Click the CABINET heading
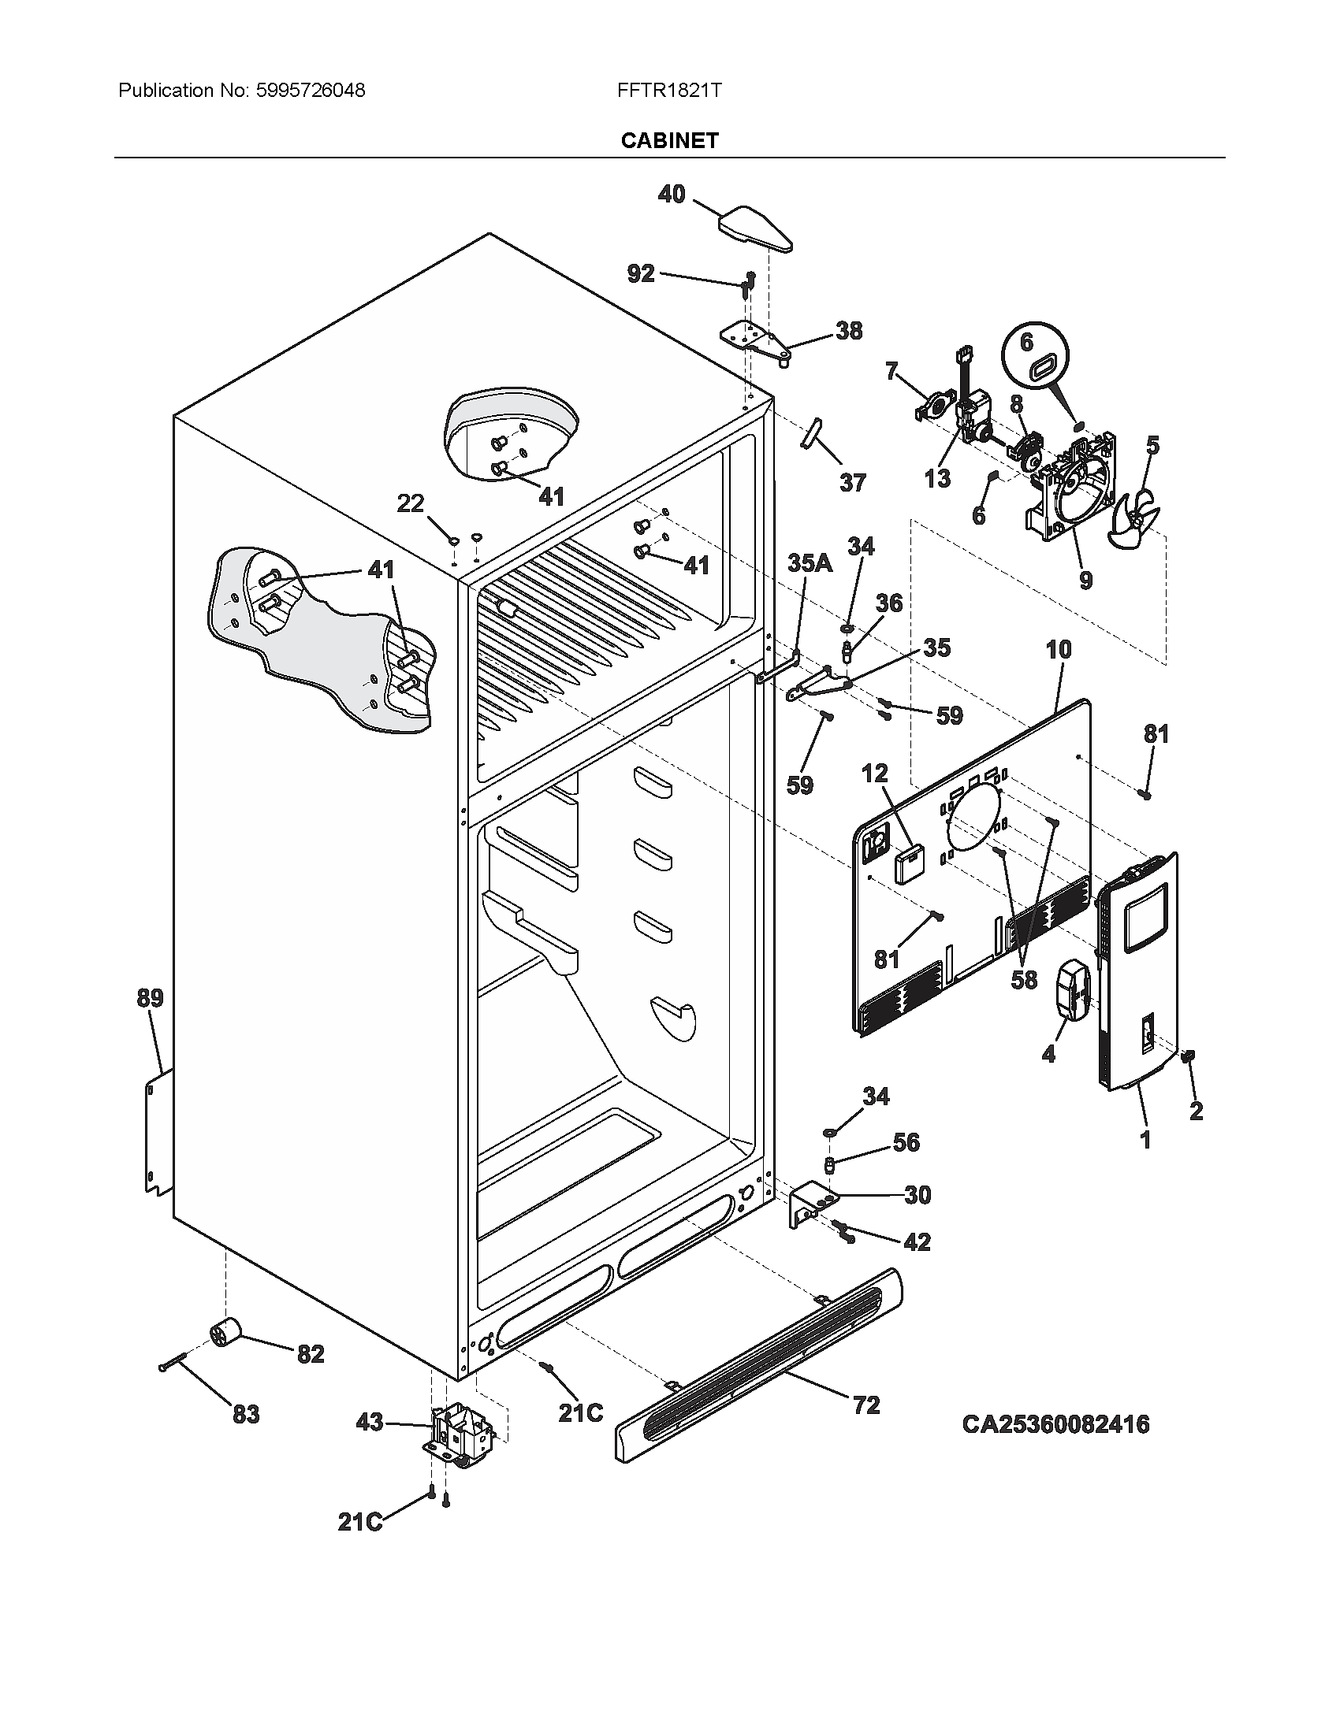tap(669, 140)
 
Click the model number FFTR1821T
tap(669, 91)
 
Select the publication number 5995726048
tap(311, 91)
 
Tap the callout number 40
tap(672, 195)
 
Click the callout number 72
tap(866, 1405)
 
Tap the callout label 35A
tap(810, 564)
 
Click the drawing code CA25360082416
tap(1055, 1423)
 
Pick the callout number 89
tap(150, 998)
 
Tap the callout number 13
tap(936, 478)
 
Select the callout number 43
tap(370, 1423)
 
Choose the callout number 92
tap(641, 274)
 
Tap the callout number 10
tap(1058, 650)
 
